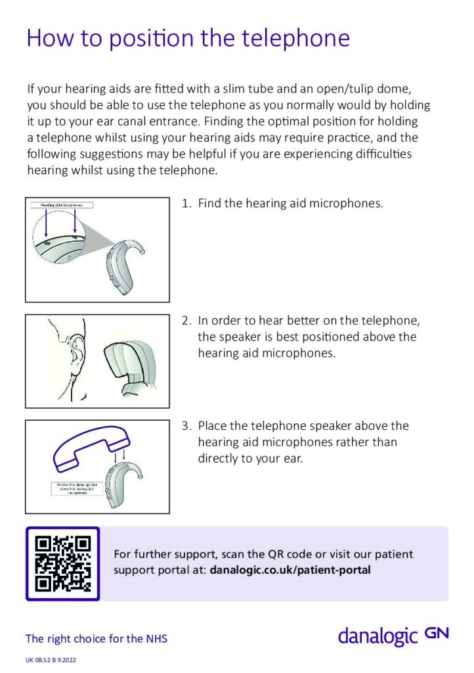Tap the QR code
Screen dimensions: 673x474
pyautogui.click(x=62, y=563)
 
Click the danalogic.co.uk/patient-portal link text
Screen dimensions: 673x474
pyautogui.click(x=290, y=570)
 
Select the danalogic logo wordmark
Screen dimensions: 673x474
pyautogui.click(x=378, y=636)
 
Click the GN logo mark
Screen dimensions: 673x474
pyautogui.click(x=437, y=634)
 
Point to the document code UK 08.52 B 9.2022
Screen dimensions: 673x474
pyautogui.click(x=52, y=659)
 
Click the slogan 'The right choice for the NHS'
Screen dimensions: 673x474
pyautogui.click(x=96, y=638)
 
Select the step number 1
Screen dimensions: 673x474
pyautogui.click(x=185, y=204)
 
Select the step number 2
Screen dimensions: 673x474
pyautogui.click(x=185, y=321)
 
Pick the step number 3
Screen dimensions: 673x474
pyautogui.click(x=185, y=426)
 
